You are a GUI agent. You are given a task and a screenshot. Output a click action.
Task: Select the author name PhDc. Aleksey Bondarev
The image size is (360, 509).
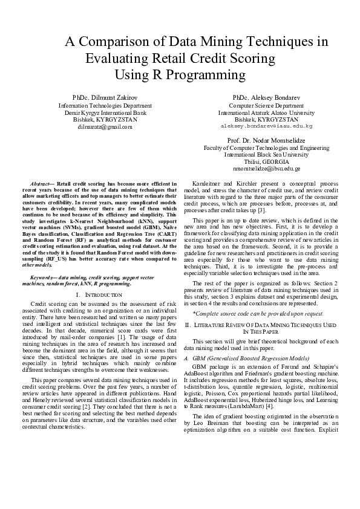(266, 97)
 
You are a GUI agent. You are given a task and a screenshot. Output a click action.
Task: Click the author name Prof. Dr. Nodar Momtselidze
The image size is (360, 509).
(266, 140)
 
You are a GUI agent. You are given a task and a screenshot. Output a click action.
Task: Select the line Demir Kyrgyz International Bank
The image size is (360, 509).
(105, 112)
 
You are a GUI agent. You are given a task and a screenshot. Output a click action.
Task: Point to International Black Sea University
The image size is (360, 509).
(266, 154)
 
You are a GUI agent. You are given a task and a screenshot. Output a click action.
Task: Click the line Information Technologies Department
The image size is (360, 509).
(105, 105)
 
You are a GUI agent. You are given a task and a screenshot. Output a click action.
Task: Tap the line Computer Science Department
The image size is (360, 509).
(266, 105)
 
